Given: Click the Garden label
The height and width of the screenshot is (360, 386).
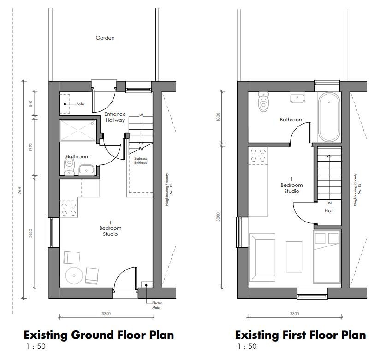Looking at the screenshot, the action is point(105,38).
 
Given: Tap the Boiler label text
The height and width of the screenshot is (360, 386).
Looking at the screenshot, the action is point(81,104).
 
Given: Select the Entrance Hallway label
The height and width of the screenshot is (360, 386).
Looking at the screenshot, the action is point(115,117).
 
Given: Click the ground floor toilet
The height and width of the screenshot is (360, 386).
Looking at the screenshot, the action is point(70,166).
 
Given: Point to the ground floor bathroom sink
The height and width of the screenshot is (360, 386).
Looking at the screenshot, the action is point(86,170).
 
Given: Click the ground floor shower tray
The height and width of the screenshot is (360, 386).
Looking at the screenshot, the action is point(78,131).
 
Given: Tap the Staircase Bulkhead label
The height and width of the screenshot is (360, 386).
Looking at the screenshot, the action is point(141,161).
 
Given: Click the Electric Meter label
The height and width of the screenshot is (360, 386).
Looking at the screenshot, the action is point(157,305).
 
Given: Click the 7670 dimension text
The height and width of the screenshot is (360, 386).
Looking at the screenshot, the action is point(20,190).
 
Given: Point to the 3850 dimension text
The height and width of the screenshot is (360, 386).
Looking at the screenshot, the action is point(30,234).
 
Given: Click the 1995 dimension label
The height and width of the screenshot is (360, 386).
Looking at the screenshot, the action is point(30,147).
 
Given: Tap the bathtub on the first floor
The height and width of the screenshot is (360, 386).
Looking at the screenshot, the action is point(329,117).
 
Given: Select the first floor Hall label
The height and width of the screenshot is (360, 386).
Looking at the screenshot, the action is point(329,210).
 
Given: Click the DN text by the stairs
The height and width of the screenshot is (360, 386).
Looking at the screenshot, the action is point(329,203).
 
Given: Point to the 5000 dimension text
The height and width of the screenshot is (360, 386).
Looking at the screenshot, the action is point(218,217).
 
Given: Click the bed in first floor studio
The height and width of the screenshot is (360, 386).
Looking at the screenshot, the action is point(327,257).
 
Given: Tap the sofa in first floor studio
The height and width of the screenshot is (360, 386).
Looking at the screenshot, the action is point(262,257).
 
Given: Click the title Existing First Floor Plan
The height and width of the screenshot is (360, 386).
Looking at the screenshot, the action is point(301,335).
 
